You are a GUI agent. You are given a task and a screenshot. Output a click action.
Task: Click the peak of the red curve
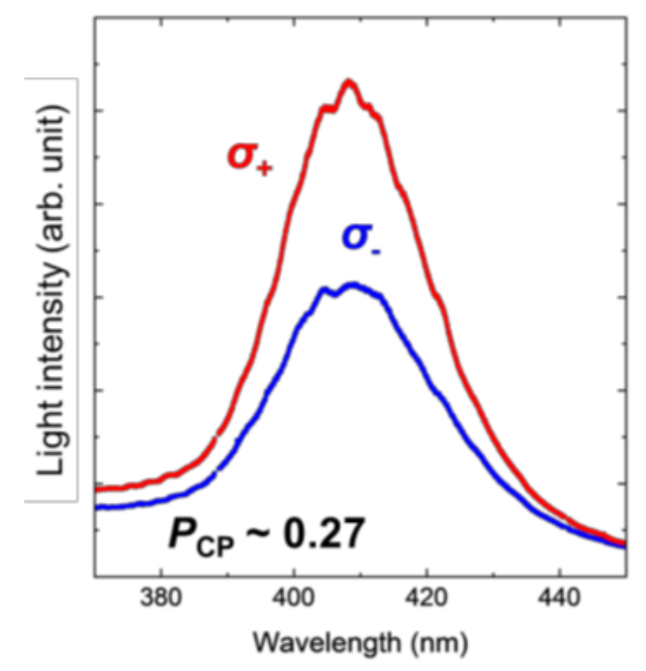click(x=348, y=81)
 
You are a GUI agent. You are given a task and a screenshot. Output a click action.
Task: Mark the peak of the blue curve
click(x=352, y=285)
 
